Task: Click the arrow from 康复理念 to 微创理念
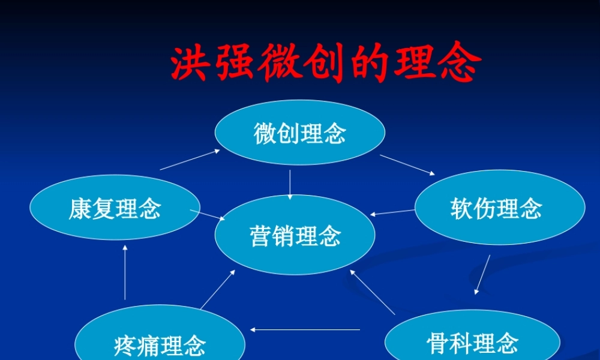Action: [190, 160]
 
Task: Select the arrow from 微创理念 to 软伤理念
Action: [407, 164]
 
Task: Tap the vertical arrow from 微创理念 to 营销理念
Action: [290, 185]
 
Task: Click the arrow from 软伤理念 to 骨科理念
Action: [482, 274]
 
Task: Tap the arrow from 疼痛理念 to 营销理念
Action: [217, 289]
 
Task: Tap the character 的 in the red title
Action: [370, 64]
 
